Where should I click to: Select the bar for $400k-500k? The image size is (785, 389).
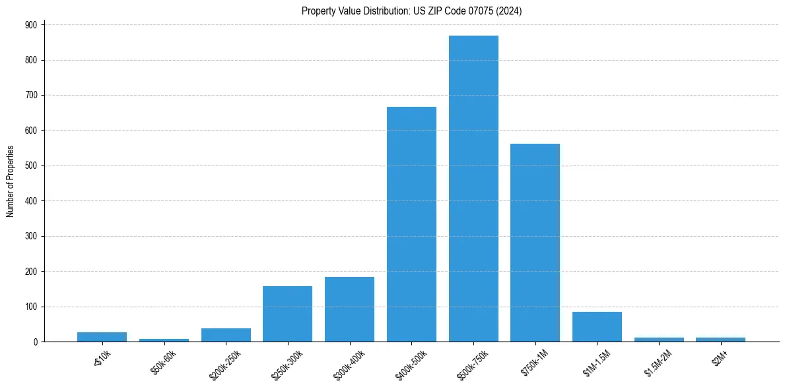coord(411,224)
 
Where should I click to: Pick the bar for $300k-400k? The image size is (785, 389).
coord(349,309)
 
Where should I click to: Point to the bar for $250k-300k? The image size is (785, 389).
coord(287,314)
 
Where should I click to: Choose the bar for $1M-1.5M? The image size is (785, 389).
coord(597,327)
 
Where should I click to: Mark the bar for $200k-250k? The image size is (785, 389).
coord(226,335)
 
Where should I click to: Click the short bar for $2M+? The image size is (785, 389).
coord(720,340)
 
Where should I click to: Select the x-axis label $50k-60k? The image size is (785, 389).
coord(161,361)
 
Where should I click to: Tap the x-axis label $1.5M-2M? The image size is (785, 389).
coord(657,361)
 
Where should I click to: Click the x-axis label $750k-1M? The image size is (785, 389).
coord(533,361)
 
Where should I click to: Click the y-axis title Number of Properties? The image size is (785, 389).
coord(10,182)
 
